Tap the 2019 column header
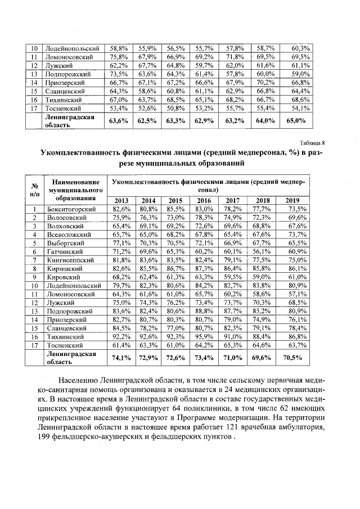tap(292, 200)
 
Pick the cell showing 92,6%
tap(148, 336)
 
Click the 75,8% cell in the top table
tap(118, 57)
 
